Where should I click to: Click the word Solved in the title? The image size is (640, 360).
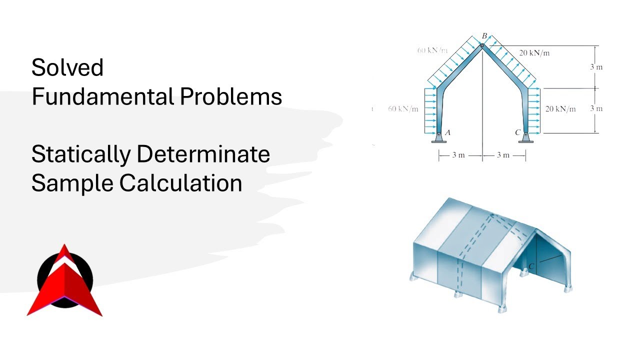[67, 67]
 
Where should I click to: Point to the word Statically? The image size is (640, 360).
[80, 154]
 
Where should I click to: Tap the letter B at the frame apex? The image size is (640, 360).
[484, 35]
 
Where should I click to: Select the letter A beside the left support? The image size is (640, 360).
[447, 132]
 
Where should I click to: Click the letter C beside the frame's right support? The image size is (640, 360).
[517, 132]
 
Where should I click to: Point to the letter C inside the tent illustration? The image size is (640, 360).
[531, 266]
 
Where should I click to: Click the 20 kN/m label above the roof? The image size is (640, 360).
[534, 53]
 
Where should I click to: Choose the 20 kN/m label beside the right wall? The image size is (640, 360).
[560, 108]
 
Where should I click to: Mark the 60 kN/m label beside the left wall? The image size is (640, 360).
[403, 108]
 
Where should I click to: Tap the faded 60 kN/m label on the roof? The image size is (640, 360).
[432, 50]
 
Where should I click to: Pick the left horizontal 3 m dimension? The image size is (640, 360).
[458, 155]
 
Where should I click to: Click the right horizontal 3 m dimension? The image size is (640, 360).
[503, 155]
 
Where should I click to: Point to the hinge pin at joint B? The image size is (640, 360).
[482, 46]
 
